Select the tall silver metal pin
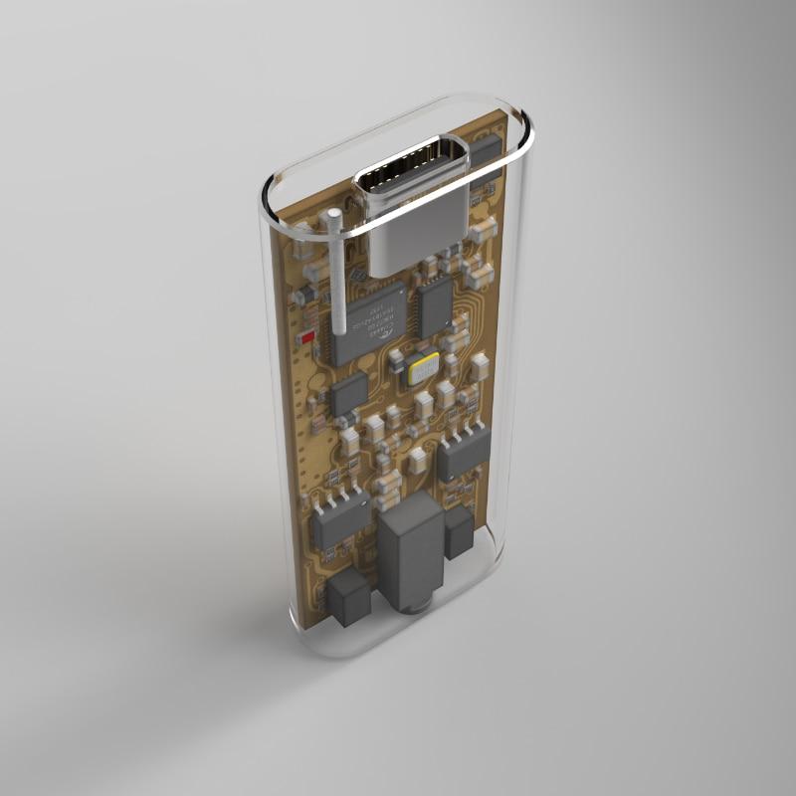point(337,279)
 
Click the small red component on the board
point(307,338)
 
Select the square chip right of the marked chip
point(434,304)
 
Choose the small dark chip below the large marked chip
point(349,394)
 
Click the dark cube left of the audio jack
point(349,598)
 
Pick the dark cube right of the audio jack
point(459,533)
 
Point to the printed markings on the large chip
point(371,316)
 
